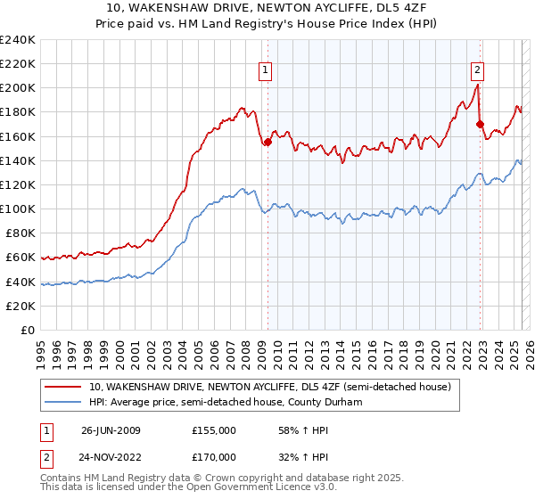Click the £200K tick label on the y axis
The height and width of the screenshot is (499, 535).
pos(17,88)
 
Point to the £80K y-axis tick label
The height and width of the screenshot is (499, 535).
pos(20,233)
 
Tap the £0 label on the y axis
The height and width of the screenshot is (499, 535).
pos(29,330)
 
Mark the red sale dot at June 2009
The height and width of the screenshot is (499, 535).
pos(267,143)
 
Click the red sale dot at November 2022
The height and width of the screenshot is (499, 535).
pos(480,124)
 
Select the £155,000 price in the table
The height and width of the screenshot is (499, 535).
pos(213,429)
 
